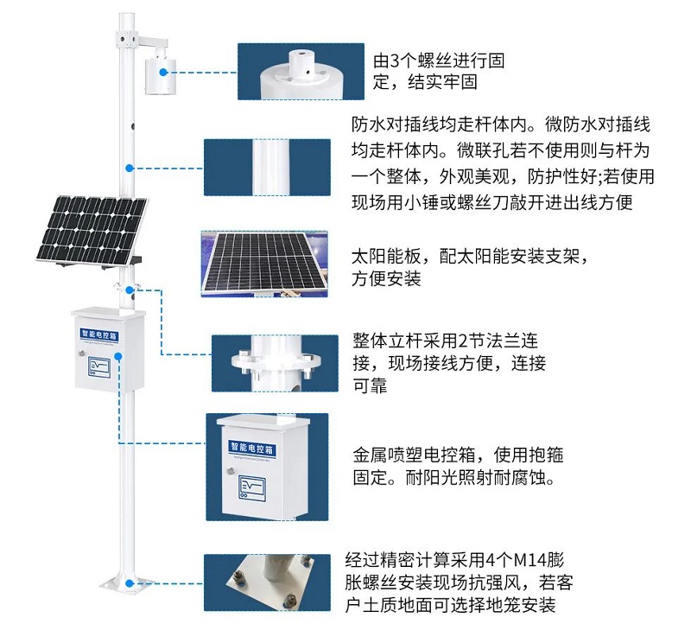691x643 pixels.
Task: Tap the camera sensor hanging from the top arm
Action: pos(159,72)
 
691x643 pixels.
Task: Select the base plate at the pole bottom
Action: pos(127,586)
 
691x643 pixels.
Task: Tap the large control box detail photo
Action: pos(257,466)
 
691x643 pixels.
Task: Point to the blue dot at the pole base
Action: pos(129,583)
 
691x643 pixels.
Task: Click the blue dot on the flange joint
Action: pos(129,290)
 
